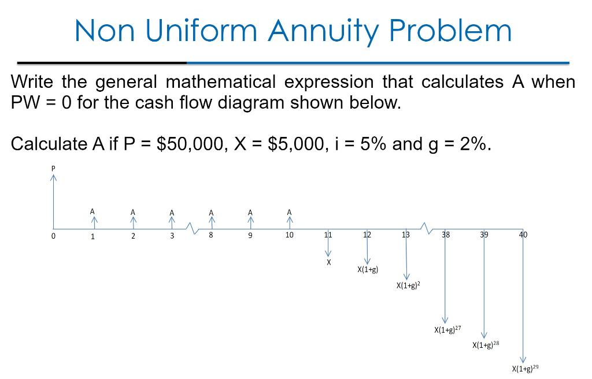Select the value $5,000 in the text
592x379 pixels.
[x=297, y=144]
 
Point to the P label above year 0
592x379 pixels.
[x=53, y=168]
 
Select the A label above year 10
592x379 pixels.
[x=289, y=211]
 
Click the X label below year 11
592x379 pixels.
[x=328, y=262]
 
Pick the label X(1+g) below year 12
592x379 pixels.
[x=367, y=270]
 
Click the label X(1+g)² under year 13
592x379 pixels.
[x=408, y=285]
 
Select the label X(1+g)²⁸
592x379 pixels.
[x=486, y=345]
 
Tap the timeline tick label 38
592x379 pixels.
[x=446, y=235]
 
